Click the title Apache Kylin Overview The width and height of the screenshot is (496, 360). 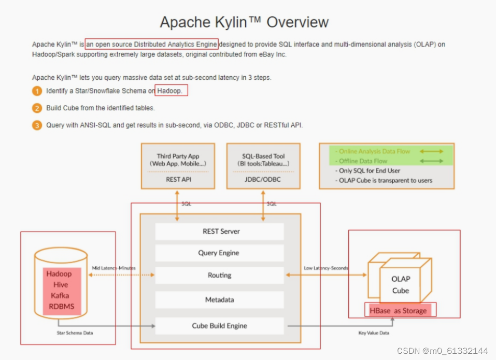tap(244, 22)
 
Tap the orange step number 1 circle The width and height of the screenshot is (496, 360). tap(37, 91)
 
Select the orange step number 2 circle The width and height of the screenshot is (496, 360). tap(37, 108)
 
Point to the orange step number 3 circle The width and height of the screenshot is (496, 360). tap(37, 125)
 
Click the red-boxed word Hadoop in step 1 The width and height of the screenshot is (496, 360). tap(170, 91)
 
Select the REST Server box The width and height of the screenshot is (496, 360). tap(220, 232)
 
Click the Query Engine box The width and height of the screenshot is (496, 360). tap(220, 253)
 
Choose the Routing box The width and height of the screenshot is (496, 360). tap(220, 276)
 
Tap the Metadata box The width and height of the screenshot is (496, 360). tap(220, 300)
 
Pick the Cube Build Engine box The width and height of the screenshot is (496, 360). tap(220, 326)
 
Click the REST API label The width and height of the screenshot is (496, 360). tap(178, 179)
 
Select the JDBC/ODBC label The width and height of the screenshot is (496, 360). tap(264, 179)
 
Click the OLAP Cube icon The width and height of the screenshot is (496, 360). tap(400, 280)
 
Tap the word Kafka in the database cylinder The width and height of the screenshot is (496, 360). tap(60, 295)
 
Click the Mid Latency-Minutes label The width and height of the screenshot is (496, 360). tap(114, 268)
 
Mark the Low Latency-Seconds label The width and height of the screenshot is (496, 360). tap(326, 268)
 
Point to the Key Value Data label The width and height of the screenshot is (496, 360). tap(373, 333)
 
